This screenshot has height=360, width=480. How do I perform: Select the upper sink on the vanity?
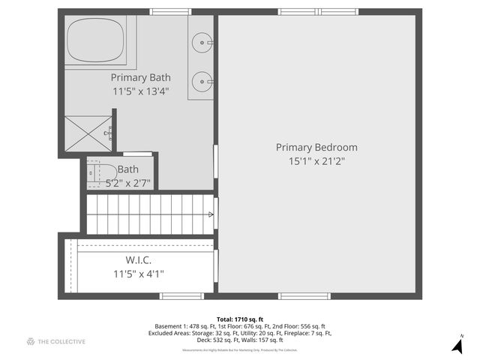click(x=201, y=43)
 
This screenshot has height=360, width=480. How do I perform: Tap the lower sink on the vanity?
click(x=201, y=79)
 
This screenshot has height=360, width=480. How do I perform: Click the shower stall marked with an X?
click(x=88, y=133)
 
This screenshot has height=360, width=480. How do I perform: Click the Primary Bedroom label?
click(x=316, y=147)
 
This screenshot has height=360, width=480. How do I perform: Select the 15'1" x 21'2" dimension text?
click(x=316, y=161)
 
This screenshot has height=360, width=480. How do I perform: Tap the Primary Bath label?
click(x=140, y=77)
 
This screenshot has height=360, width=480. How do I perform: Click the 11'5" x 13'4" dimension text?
click(x=140, y=91)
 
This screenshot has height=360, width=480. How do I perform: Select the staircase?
click(x=151, y=214)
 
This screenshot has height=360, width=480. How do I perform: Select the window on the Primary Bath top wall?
click(x=169, y=12)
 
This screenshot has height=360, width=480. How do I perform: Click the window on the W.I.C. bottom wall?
click(x=181, y=296)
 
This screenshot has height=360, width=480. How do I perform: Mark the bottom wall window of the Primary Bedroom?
click(x=304, y=296)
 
